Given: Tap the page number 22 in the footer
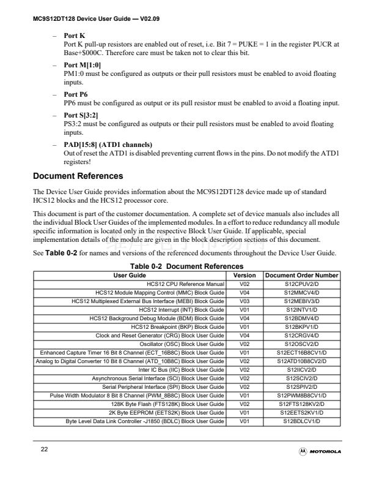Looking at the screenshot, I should (x=45, y=450).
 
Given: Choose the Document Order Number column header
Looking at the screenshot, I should (x=301, y=276).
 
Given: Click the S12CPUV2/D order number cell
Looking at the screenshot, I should (x=301, y=284).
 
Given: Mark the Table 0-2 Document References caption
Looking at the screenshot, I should (x=186, y=266).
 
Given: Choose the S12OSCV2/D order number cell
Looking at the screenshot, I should (x=301, y=344).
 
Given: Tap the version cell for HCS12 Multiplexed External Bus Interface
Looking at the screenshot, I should (x=244, y=301).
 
